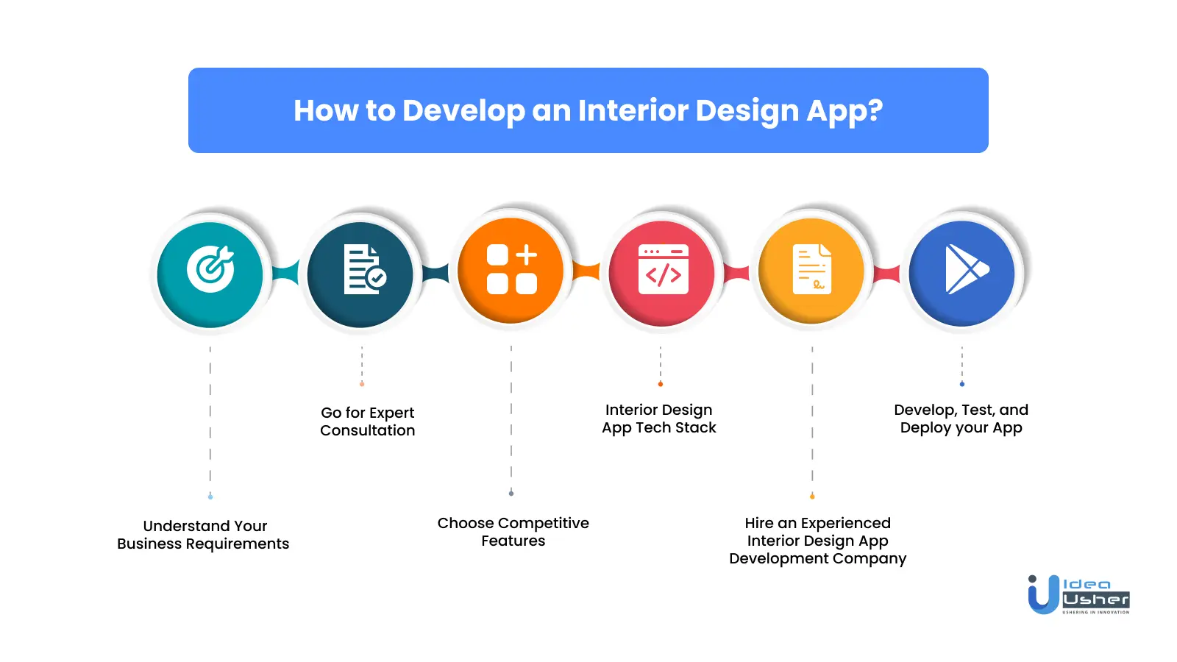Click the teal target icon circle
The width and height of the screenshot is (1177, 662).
pos(210,274)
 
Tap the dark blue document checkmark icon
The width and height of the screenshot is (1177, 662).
pos(360,274)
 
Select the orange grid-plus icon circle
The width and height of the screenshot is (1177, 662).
pos(511,270)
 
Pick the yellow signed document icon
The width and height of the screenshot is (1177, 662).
pos(811,270)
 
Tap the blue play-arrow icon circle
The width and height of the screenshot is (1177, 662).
pos(961,273)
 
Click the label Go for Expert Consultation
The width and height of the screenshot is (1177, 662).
pos(368,421)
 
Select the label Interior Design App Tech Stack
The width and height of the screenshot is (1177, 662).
pos(659,419)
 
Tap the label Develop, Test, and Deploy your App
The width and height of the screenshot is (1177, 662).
pos(961,419)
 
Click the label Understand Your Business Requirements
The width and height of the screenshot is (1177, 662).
pos(203,535)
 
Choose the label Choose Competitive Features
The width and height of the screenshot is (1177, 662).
pos(513,532)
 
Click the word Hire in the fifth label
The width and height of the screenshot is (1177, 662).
pos(758,523)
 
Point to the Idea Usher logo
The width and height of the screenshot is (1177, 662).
pos(1078,595)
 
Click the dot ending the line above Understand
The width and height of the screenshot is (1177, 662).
pos(210,496)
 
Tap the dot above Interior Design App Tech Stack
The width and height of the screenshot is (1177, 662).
pos(661,384)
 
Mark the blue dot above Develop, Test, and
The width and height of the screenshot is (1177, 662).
pos(962,384)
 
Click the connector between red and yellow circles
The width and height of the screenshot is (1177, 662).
pos(736,274)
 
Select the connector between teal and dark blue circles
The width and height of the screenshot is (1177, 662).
pos(285,274)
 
